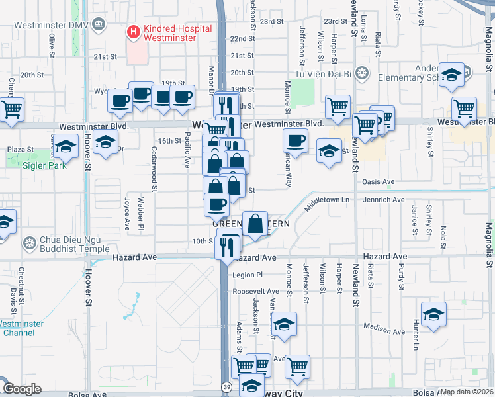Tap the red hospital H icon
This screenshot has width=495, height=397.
point(133,30)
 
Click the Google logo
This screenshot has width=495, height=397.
point(22,389)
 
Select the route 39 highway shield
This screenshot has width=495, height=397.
point(227,386)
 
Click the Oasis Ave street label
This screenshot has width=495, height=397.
point(377,182)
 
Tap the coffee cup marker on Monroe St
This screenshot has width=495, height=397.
point(295,140)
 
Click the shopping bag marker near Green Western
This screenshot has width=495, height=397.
point(255,224)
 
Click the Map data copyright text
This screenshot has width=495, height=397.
point(467,392)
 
